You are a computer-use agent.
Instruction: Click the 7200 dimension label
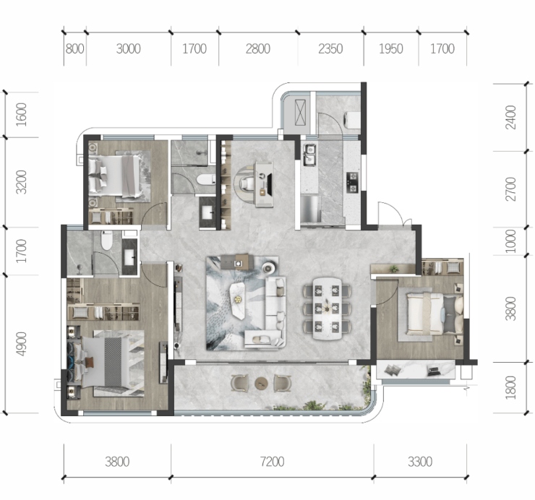272,462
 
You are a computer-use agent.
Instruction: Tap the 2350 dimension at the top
330,49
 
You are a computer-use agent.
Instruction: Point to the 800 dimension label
74,49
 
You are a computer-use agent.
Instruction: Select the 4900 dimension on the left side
22,343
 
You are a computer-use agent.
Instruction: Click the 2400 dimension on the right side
510,117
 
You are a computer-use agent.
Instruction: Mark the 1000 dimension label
510,241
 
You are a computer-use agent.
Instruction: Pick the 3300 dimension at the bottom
420,462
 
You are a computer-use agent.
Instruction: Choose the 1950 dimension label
390,49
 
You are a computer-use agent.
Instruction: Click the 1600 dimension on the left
22,114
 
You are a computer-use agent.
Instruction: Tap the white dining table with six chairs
327,309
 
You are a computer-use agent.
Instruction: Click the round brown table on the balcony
262,384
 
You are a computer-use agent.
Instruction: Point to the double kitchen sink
310,154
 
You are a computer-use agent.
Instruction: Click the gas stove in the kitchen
353,183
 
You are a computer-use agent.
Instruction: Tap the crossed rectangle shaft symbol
300,112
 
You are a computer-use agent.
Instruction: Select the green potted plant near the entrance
394,268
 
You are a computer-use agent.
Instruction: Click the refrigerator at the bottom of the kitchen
310,209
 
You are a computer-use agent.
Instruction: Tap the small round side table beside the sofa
268,268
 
